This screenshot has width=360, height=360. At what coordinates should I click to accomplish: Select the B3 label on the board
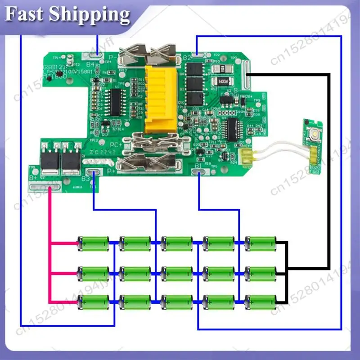point(85,179)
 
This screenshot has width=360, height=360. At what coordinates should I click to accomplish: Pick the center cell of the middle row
point(178,273)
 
